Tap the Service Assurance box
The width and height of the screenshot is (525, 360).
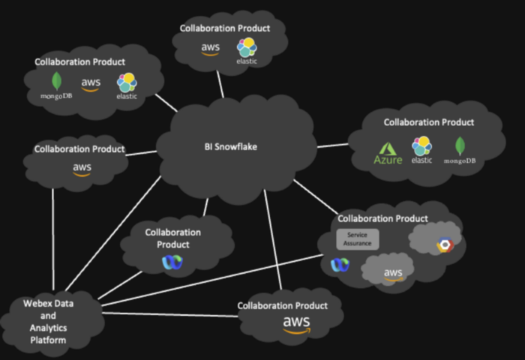[x=358, y=239]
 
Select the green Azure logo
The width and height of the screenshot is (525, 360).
[x=388, y=153]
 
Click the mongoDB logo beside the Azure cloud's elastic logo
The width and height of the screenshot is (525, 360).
[x=460, y=151]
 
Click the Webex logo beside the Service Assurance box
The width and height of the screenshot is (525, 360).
[x=340, y=264]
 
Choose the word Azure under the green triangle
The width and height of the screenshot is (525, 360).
[x=388, y=160]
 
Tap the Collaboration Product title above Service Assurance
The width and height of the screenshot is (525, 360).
[x=382, y=218]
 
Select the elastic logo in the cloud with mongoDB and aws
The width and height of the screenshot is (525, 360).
[x=126, y=85]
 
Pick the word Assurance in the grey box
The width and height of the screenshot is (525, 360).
[x=358, y=243]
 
